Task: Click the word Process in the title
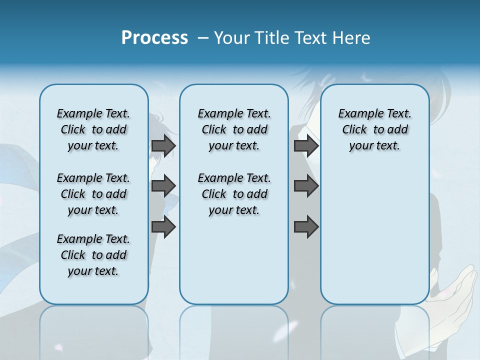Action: pos(154,37)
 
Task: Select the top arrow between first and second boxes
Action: pos(163,146)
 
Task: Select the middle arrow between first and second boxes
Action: pos(163,186)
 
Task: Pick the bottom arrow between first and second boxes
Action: pos(163,226)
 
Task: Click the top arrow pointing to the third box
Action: pos(306,146)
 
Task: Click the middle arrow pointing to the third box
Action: pos(306,186)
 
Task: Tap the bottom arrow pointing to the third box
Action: pos(306,227)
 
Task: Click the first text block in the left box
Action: pos(93,129)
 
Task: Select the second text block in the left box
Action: pos(93,194)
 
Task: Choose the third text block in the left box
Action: pos(93,255)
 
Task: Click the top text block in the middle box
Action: pos(234,129)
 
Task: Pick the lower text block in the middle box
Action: pos(234,194)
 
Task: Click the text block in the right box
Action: pos(375,129)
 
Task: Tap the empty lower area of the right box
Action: pos(375,235)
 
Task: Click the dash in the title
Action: pos(203,38)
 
